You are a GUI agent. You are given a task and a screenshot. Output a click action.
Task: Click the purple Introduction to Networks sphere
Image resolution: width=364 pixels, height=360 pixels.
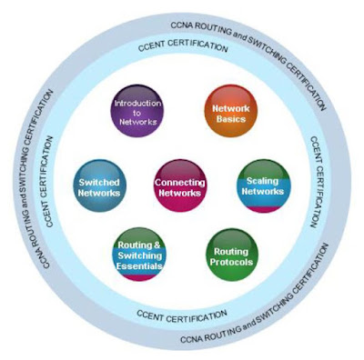click(136, 111)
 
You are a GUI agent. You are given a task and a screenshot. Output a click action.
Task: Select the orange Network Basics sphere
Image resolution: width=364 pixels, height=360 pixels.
click(231, 111)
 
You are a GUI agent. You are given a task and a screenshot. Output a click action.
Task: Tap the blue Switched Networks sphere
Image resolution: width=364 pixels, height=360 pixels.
click(100, 185)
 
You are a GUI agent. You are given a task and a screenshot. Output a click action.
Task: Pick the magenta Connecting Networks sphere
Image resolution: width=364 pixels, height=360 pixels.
click(180, 185)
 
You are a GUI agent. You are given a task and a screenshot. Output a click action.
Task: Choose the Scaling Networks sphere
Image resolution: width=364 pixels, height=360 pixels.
click(263, 185)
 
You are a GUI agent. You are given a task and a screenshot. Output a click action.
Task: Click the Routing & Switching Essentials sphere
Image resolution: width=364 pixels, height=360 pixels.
click(139, 255)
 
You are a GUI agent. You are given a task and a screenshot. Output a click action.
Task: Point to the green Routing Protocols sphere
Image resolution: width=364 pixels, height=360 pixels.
click(232, 255)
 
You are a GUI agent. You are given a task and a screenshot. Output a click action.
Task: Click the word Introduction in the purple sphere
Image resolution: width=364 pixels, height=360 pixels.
click(137, 104)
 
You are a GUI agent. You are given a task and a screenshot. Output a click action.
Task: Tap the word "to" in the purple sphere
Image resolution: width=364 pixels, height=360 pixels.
click(136, 113)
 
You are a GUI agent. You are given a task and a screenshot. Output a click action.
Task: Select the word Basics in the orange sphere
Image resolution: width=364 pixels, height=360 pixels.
click(231, 119)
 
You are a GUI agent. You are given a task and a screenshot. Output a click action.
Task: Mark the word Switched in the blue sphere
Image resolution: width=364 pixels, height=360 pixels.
click(99, 182)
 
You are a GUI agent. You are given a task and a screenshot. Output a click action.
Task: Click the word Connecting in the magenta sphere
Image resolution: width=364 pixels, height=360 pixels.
click(180, 183)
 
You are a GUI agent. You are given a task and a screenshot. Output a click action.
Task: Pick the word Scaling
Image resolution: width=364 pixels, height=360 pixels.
click(262, 181)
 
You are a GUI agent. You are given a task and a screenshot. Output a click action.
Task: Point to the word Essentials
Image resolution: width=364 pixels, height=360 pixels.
click(139, 266)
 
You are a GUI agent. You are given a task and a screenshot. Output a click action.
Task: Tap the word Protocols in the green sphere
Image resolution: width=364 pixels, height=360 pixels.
click(231, 262)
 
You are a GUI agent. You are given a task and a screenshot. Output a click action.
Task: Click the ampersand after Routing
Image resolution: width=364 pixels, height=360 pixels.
click(157, 245)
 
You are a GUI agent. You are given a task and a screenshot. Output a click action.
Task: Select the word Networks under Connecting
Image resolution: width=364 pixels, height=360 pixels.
click(180, 193)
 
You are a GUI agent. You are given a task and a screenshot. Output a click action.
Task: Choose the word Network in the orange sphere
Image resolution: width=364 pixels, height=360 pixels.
click(231, 108)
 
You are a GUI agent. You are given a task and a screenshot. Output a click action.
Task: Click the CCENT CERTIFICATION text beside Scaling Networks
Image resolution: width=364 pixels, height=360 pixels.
click(316, 182)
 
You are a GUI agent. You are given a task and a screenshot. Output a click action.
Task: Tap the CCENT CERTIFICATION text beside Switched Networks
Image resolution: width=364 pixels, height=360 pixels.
click(48, 181)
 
